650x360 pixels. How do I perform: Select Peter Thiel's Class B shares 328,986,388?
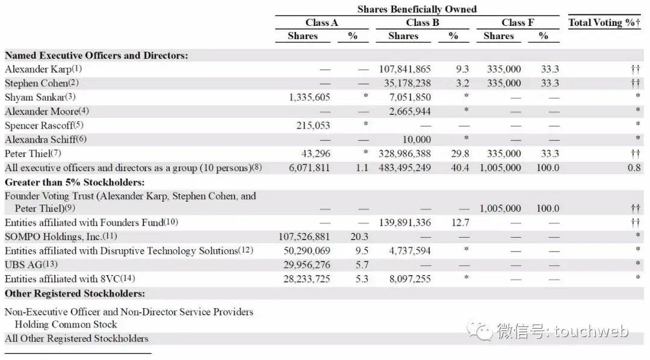coord(404,154)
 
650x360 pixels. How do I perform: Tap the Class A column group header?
coord(321,23)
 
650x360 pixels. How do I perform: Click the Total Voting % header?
coord(604,23)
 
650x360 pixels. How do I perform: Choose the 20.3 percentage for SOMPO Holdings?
coord(359,237)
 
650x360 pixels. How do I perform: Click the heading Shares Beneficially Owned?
coord(416,9)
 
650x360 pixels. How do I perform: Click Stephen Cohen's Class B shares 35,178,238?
coord(407,83)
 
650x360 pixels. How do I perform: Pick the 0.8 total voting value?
coord(634,167)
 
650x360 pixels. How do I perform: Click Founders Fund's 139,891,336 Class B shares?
coord(404,223)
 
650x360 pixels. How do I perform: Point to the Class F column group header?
coord(518,23)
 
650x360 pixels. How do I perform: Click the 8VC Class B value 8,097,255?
coord(410,279)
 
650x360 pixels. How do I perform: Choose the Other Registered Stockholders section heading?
coord(75,294)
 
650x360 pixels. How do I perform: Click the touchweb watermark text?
coord(563,331)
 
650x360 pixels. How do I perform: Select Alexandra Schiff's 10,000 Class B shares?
coord(416,140)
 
